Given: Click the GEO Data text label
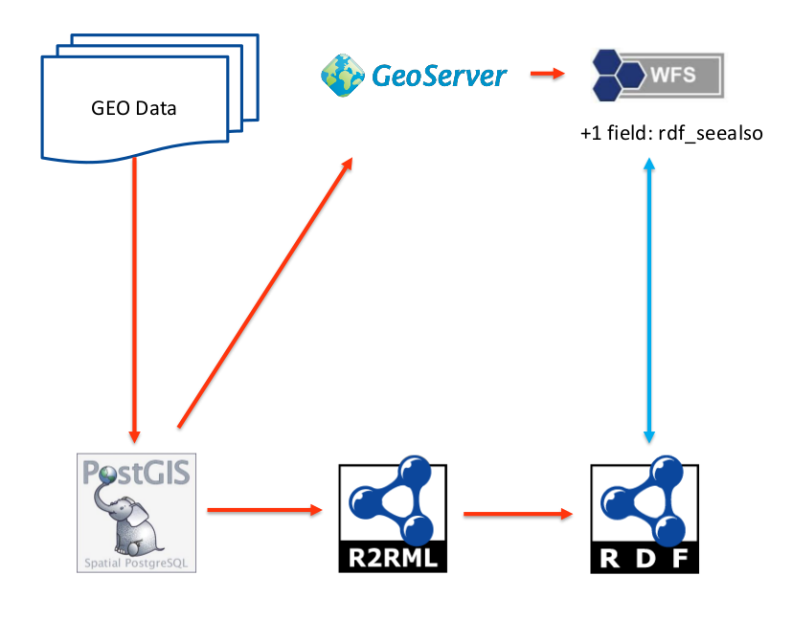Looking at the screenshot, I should coord(134,108).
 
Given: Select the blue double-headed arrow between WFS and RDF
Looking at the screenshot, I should coord(650,299).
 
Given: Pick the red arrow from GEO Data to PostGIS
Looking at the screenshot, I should coord(134,297).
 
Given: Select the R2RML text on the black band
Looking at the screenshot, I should coord(393,558).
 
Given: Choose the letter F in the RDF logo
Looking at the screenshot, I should coord(681,558).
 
